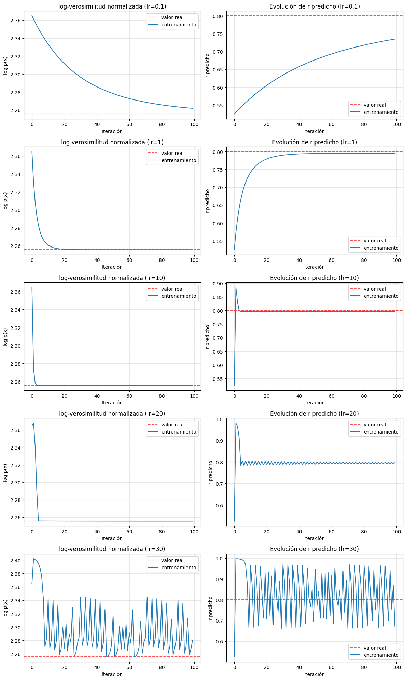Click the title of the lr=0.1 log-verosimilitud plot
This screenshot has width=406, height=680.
(x=112, y=6)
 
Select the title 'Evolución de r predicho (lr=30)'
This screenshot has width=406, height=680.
(x=314, y=549)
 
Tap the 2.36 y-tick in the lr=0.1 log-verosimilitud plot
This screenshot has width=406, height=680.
(x=16, y=21)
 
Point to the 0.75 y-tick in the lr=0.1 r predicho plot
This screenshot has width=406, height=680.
(x=218, y=34)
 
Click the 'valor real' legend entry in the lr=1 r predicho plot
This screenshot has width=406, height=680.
(x=375, y=241)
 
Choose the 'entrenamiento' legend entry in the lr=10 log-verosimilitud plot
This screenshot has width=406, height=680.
(x=179, y=296)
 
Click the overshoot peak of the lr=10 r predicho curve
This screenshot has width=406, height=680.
(x=236, y=287)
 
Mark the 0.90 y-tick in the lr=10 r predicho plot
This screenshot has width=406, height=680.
(x=218, y=284)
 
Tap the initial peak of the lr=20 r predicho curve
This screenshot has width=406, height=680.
(x=236, y=423)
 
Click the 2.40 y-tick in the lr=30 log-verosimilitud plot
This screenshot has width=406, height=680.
(x=16, y=560)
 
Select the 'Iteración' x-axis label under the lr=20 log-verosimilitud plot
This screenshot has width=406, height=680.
(x=112, y=538)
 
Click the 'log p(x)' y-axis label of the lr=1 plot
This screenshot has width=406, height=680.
(x=5, y=201)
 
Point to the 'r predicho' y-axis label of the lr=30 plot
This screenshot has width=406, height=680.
(x=211, y=609)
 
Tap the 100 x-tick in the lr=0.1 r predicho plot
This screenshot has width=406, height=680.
(x=396, y=124)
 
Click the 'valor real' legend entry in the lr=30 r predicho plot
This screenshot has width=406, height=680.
(x=375, y=648)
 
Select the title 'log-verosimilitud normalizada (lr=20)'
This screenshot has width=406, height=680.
(x=112, y=414)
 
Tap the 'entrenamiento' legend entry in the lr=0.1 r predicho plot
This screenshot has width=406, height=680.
(x=381, y=112)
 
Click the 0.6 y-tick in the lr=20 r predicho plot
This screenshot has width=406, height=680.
(x=219, y=506)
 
